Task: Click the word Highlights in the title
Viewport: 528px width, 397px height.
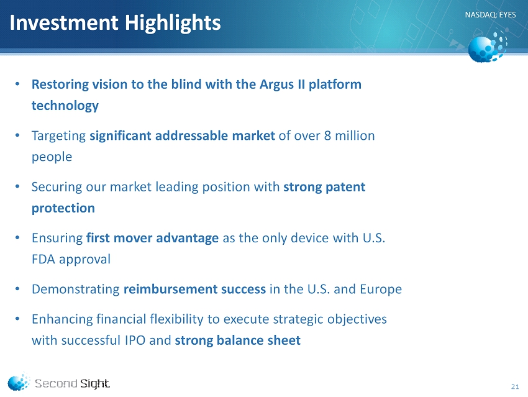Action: (173, 24)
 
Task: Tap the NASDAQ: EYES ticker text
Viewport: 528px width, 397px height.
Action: (490, 15)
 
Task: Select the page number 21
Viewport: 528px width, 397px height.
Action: (515, 386)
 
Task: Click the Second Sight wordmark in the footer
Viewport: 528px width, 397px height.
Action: (72, 383)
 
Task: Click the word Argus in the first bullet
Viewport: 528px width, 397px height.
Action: (277, 84)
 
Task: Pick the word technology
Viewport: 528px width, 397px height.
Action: (65, 106)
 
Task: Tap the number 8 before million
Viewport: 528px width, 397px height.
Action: (327, 135)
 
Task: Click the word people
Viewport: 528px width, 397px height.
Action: (52, 157)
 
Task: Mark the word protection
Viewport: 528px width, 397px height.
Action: (63, 208)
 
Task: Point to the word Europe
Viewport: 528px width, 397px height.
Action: (381, 290)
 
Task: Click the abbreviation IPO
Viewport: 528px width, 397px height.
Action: (135, 340)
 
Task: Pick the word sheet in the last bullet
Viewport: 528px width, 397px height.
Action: (284, 340)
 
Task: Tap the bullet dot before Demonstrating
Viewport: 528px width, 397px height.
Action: (18, 290)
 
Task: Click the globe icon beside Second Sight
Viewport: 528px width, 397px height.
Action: (19, 381)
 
